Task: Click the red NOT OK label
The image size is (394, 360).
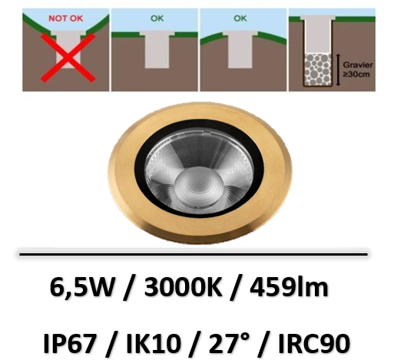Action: click(66, 18)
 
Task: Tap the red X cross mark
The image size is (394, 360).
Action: click(68, 58)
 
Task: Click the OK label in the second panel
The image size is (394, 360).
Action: click(157, 18)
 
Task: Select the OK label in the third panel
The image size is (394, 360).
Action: click(240, 18)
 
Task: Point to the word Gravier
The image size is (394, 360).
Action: click(358, 65)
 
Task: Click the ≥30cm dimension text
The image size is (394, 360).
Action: click(356, 74)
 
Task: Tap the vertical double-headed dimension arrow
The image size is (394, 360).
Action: click(338, 70)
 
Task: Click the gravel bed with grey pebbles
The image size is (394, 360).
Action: click(318, 70)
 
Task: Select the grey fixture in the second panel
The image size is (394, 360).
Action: click(157, 50)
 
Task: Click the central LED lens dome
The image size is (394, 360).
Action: click(197, 187)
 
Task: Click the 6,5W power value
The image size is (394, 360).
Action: click(81, 288)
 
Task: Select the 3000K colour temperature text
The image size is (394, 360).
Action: click(183, 287)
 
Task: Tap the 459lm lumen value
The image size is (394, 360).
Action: click(290, 287)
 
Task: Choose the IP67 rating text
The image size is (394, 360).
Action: click(70, 343)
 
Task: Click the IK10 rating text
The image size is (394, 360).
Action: click(152, 343)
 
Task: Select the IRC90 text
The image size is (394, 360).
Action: click(314, 343)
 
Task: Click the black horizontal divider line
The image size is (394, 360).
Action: click(194, 254)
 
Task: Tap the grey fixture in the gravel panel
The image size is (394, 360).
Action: click(318, 35)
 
